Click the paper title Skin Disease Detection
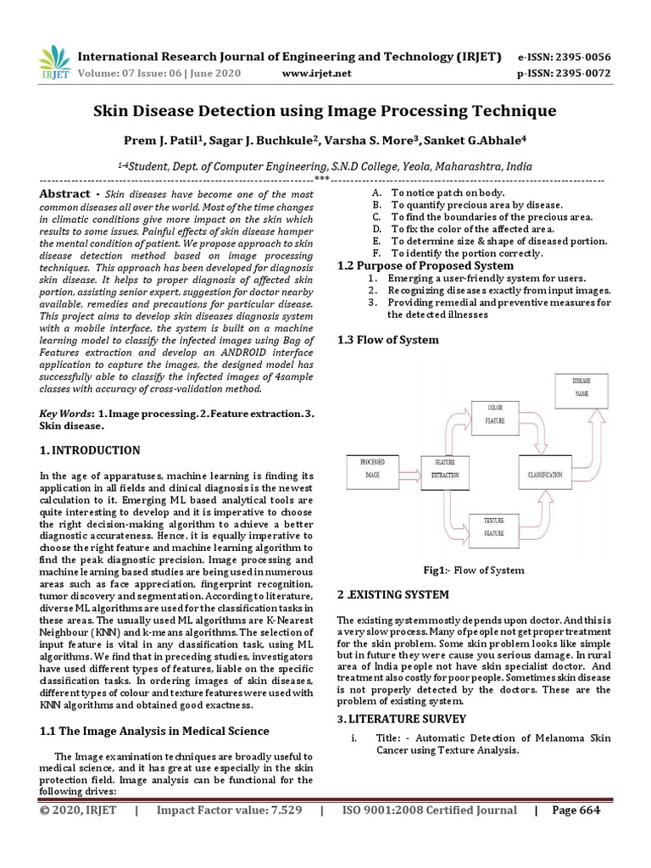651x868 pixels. coord(325,111)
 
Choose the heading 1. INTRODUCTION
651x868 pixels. coord(90,450)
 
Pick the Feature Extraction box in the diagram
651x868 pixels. coord(445,469)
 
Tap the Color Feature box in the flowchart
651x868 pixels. coord(494,415)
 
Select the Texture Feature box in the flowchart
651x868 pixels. coord(494,526)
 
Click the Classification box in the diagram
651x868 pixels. coord(545,475)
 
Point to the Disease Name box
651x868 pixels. coord(581,387)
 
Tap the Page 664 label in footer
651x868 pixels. coord(576,810)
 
